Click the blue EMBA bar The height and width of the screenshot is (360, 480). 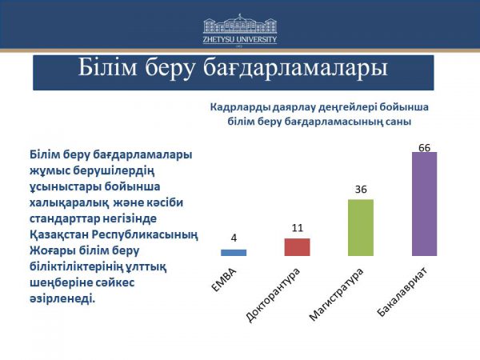[234, 252]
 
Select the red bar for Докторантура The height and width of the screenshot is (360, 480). [297, 247]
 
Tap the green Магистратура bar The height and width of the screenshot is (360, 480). [361, 227]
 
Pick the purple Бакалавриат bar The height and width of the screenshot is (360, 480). [424, 203]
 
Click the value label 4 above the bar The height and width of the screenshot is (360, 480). [234, 238]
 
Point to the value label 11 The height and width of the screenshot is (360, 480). [297, 227]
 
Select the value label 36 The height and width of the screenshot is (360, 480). [361, 189]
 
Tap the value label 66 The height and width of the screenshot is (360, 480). [424, 146]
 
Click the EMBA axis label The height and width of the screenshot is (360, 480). [224, 277]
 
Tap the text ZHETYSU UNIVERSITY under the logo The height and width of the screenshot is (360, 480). [239, 38]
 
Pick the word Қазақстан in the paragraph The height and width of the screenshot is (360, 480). [58, 233]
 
